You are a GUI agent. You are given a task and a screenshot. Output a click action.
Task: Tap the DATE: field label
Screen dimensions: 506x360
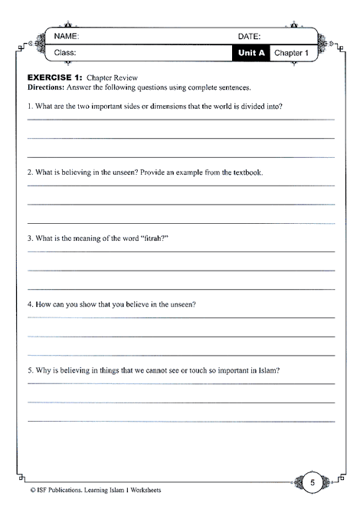coord(250,36)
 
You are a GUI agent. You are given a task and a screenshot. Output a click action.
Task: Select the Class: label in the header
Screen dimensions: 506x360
coord(67,53)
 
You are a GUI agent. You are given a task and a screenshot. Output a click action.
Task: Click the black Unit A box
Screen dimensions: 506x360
coord(251,53)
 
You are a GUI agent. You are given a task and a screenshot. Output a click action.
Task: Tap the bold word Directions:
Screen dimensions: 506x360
coord(48,88)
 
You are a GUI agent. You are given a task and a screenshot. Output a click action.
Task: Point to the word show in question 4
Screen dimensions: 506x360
coord(84,304)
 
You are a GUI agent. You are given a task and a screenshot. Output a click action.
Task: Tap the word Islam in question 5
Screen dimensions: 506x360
coord(264,370)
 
